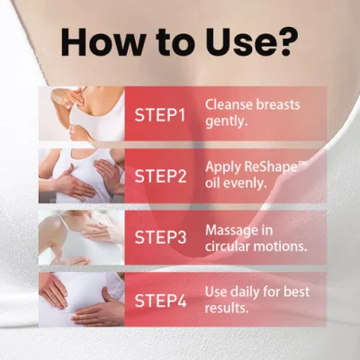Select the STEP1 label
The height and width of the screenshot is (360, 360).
160,114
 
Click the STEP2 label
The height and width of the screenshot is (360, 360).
160,175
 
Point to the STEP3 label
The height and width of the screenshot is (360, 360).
160,237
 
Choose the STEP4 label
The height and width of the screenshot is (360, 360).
160,301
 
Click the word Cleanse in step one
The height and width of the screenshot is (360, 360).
229,104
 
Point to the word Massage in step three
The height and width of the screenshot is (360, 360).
231,230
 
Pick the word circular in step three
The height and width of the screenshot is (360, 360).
228,247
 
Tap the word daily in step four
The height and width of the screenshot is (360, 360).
244,292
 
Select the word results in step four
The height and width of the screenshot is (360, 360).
227,308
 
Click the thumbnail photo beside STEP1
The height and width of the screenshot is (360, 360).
82,114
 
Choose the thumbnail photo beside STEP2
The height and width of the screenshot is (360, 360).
82,175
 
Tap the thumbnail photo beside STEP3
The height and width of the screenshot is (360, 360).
82,238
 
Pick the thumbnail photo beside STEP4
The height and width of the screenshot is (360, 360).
82,300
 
